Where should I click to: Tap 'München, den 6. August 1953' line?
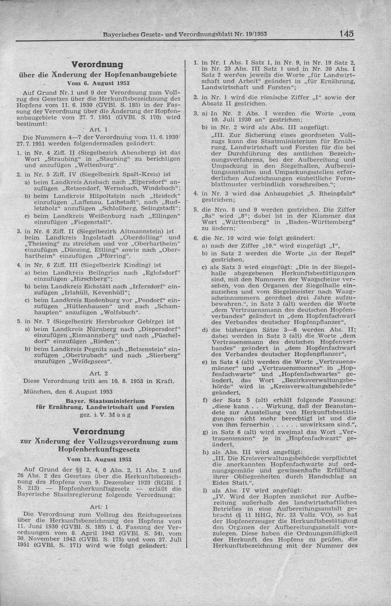pos(68,391)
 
